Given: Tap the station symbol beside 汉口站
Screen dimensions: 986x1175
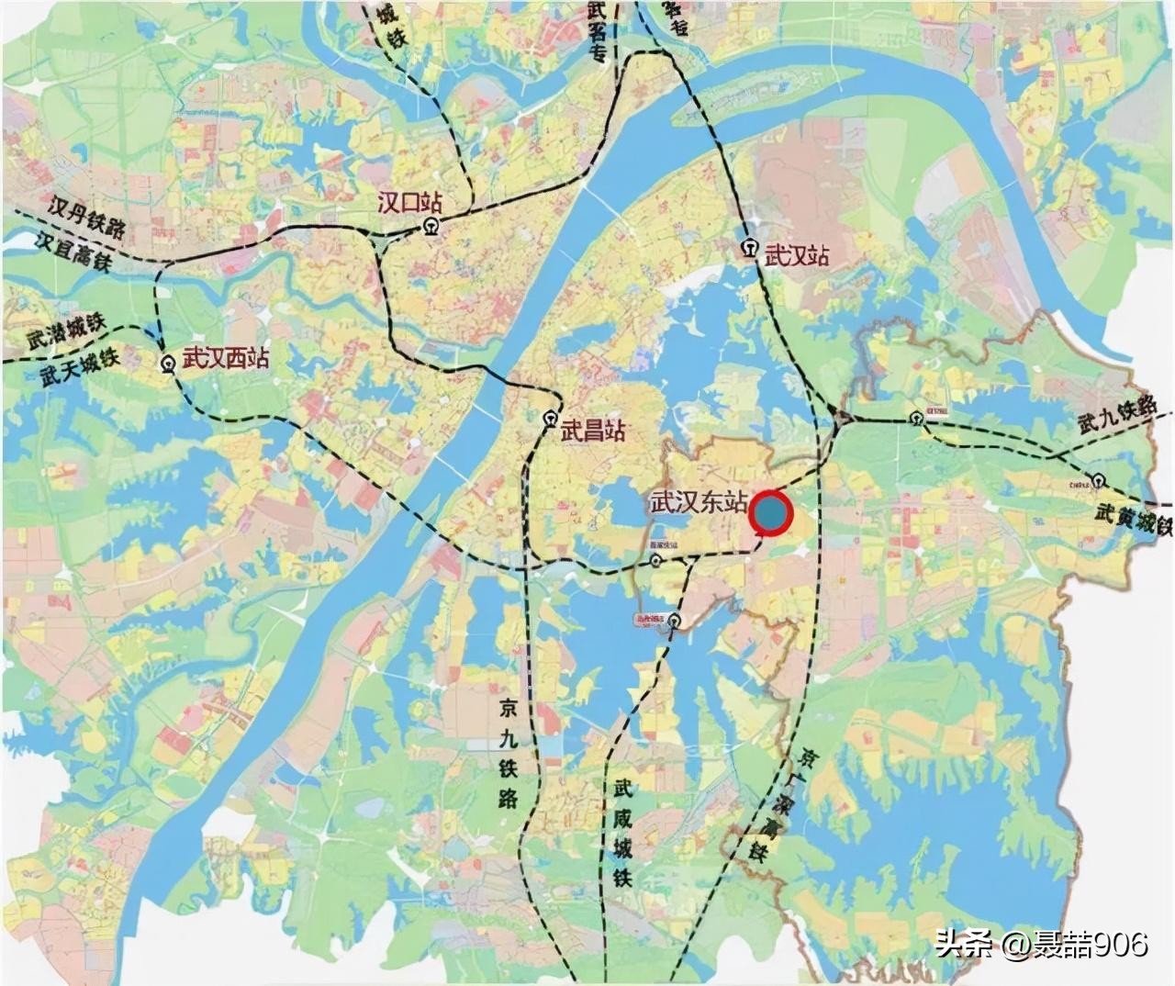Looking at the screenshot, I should [431, 227].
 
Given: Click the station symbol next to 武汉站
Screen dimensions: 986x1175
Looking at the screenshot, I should [750, 248].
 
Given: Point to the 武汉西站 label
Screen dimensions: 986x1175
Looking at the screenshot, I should [226, 358].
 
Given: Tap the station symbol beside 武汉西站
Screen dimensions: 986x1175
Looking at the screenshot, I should [168, 364].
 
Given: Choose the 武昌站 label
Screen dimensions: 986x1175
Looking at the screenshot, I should [593, 430].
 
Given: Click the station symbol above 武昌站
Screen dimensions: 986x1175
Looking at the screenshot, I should [550, 419].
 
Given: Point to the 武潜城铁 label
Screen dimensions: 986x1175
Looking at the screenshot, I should [67, 331].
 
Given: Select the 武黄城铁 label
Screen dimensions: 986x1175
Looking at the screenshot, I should [1135, 520].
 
